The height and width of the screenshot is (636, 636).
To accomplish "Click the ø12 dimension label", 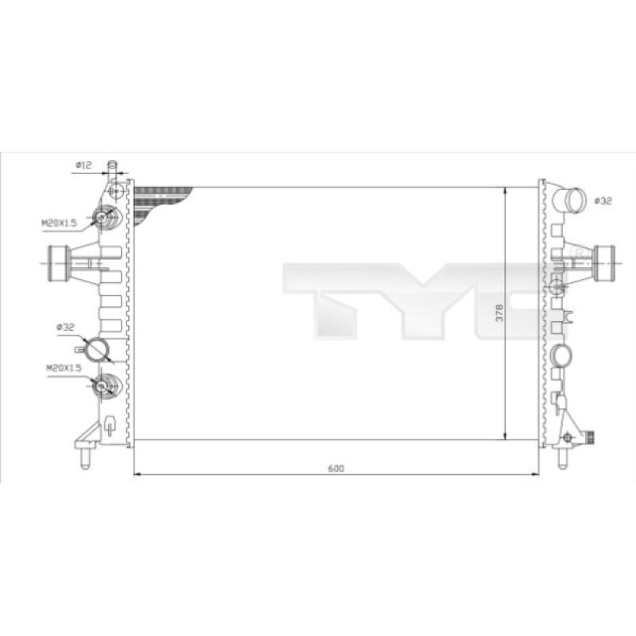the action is [x=83, y=165].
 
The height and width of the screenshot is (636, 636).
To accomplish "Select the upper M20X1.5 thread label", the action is [x=59, y=223].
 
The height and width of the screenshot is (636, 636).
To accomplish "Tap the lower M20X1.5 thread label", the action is [x=64, y=368].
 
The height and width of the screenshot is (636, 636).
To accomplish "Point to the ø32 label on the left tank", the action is [x=65, y=327].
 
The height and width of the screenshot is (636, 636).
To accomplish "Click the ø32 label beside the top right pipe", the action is [x=603, y=201].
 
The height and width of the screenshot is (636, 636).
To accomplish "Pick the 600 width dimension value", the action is [x=335, y=468].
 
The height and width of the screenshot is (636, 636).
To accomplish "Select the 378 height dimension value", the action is [x=500, y=312].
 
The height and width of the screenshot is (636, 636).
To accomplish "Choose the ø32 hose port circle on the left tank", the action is [x=97, y=349].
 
